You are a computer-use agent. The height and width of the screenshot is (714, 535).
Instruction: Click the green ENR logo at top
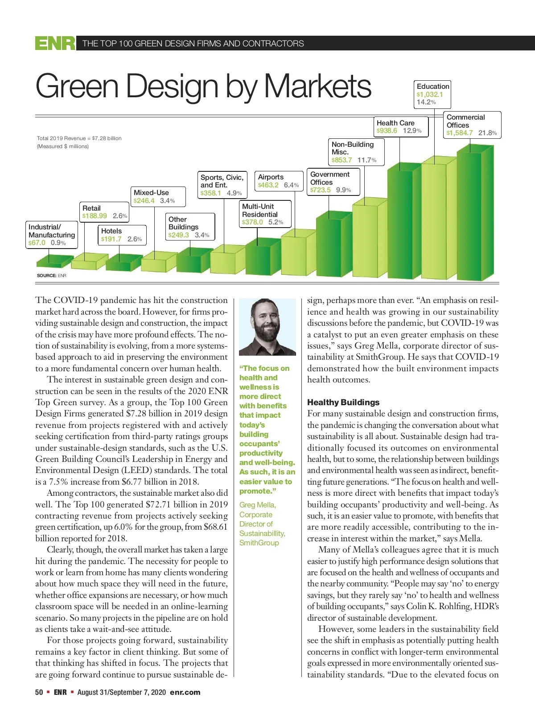tap(55, 43)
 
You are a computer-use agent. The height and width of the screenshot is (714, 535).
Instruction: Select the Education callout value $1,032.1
tap(430, 94)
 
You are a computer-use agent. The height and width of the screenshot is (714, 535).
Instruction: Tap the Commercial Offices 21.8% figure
tap(487, 133)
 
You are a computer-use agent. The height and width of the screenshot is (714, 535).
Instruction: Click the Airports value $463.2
tap(268, 185)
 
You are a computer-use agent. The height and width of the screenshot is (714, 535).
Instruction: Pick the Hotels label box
tap(121, 235)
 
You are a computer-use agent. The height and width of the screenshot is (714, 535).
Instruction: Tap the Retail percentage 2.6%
tap(120, 216)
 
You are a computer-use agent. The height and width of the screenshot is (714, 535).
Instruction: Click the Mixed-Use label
tap(151, 192)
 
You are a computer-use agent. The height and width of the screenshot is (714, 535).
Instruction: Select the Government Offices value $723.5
tap(321, 190)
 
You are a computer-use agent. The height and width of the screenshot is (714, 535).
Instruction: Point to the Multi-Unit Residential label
tap(260, 210)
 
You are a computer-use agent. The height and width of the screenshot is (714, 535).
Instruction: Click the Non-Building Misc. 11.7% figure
tap(366, 160)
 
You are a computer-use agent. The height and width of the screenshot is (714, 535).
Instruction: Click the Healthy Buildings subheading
tap(343, 402)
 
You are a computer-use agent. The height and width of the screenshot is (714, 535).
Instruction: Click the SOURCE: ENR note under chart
tap(51, 275)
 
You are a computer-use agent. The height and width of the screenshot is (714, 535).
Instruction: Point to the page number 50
tap(39, 692)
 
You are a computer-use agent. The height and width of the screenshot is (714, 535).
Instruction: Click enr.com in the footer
tap(185, 692)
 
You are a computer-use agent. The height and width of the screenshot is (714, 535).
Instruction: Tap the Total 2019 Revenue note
tap(79, 138)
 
